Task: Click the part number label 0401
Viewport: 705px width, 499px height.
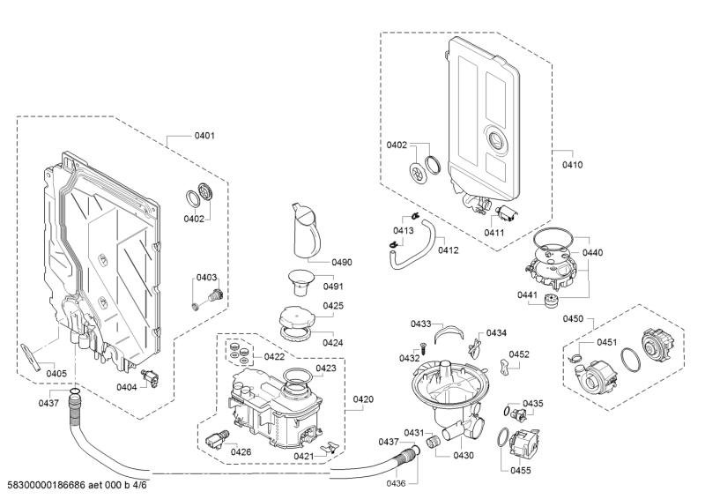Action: point(204,136)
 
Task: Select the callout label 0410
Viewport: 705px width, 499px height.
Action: point(573,165)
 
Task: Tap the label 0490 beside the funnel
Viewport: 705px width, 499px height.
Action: point(342,263)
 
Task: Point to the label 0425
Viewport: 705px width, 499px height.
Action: point(333,305)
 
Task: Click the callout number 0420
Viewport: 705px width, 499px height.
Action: point(363,399)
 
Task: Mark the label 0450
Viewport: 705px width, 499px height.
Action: point(574,319)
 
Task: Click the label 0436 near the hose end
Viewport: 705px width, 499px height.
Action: point(396,483)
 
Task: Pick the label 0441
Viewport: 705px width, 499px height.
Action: point(527,295)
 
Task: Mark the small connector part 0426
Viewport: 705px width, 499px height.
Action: point(217,437)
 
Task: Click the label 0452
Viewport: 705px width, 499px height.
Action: point(519,354)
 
